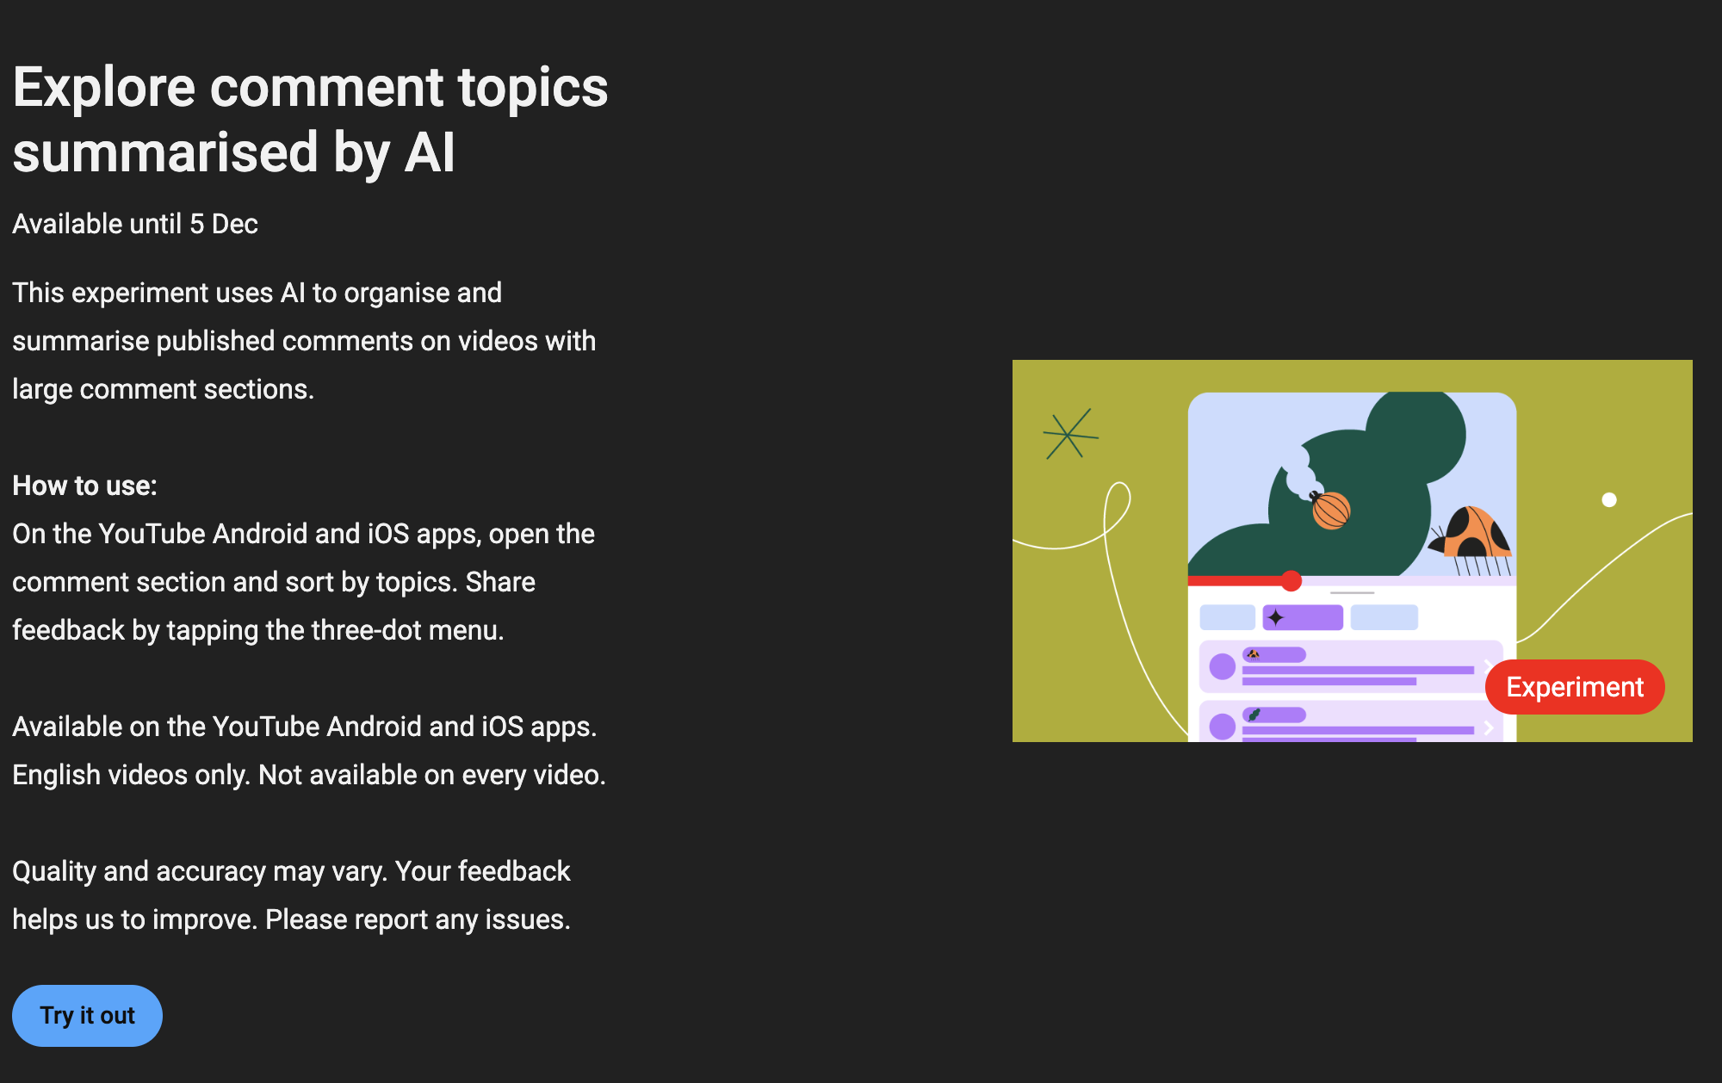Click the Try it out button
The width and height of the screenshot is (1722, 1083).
[87, 1016]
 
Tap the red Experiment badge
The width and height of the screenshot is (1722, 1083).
[1575, 687]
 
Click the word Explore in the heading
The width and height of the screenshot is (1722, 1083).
[104, 88]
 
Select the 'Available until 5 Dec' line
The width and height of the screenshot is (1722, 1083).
[135, 224]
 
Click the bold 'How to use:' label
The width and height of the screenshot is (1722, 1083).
[84, 486]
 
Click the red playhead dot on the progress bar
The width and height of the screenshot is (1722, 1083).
[1291, 581]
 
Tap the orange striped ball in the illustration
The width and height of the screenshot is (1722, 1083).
[1331, 510]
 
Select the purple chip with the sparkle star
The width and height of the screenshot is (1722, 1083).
[1303, 617]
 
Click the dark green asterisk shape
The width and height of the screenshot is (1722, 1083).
[1070, 434]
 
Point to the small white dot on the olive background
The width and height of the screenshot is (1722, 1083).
[1609, 499]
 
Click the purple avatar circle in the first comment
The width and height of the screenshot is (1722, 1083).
[1222, 666]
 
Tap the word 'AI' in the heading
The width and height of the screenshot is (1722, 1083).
[429, 153]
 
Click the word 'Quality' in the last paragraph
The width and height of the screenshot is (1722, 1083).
[54, 871]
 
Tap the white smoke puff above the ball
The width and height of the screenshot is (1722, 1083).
[1298, 472]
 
